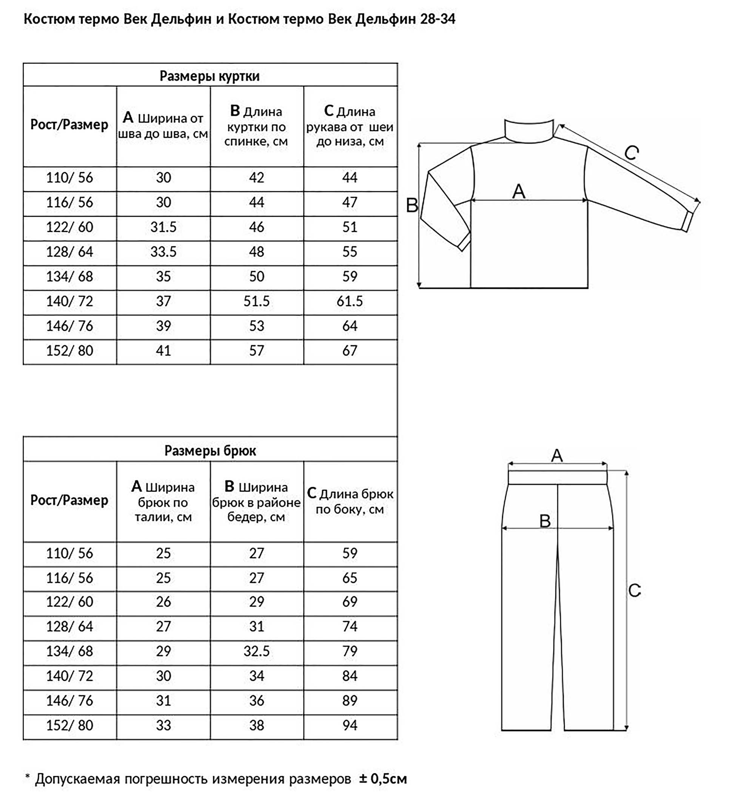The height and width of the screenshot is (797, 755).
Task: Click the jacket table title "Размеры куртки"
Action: coord(209,76)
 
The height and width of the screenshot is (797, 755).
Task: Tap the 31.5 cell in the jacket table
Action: coord(163,227)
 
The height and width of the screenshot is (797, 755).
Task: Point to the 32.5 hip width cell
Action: coord(256,651)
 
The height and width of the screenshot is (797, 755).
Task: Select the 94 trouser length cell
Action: coord(350,725)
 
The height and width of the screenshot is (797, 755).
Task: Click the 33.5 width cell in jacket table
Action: coord(163,252)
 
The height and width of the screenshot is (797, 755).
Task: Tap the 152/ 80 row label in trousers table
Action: coord(69,725)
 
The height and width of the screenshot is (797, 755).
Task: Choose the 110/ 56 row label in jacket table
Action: coord(69,177)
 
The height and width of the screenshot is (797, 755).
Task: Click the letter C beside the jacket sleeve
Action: coord(632,153)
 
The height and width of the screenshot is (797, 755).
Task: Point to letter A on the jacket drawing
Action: coord(519,191)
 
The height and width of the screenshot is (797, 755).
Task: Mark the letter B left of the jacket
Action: coord(412,205)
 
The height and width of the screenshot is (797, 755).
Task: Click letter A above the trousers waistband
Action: coord(556,456)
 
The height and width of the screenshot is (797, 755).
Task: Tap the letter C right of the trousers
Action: coord(634,590)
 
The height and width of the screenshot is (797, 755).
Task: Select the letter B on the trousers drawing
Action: coord(545,521)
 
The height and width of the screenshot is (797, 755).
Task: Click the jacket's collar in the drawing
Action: coord(529,130)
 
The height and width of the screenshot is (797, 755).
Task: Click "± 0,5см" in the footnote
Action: coord(383,779)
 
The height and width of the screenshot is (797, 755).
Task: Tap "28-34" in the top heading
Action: coord(438,19)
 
